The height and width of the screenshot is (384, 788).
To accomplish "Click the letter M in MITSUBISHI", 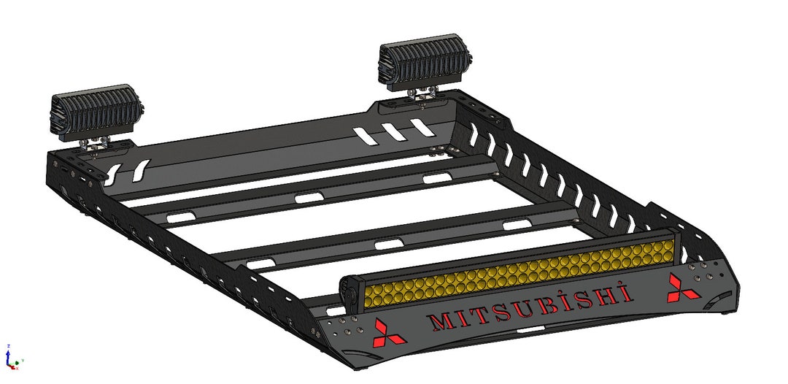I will (x=442, y=320).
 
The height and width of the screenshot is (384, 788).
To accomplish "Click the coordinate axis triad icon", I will (x=9, y=358).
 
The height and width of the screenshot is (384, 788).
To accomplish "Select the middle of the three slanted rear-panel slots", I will (x=395, y=131).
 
